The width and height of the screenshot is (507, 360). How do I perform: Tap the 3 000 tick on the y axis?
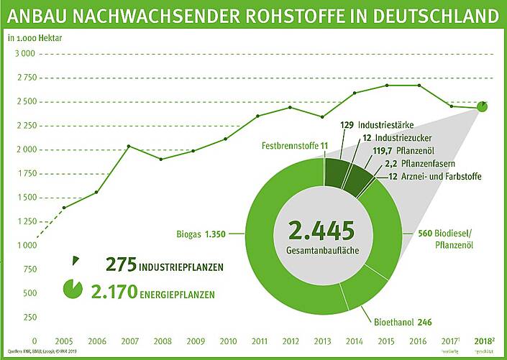[x=24, y=54]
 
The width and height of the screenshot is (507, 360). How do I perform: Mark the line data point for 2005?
[x=65, y=208]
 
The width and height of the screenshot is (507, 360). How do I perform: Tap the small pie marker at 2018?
[x=483, y=107]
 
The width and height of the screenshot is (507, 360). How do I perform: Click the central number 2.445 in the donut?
[x=321, y=231]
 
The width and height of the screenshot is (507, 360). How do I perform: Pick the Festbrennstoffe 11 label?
[x=294, y=146]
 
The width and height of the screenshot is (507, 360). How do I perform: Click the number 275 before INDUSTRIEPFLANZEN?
[x=121, y=265]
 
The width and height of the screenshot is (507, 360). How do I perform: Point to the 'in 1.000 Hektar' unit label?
[x=35, y=38]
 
